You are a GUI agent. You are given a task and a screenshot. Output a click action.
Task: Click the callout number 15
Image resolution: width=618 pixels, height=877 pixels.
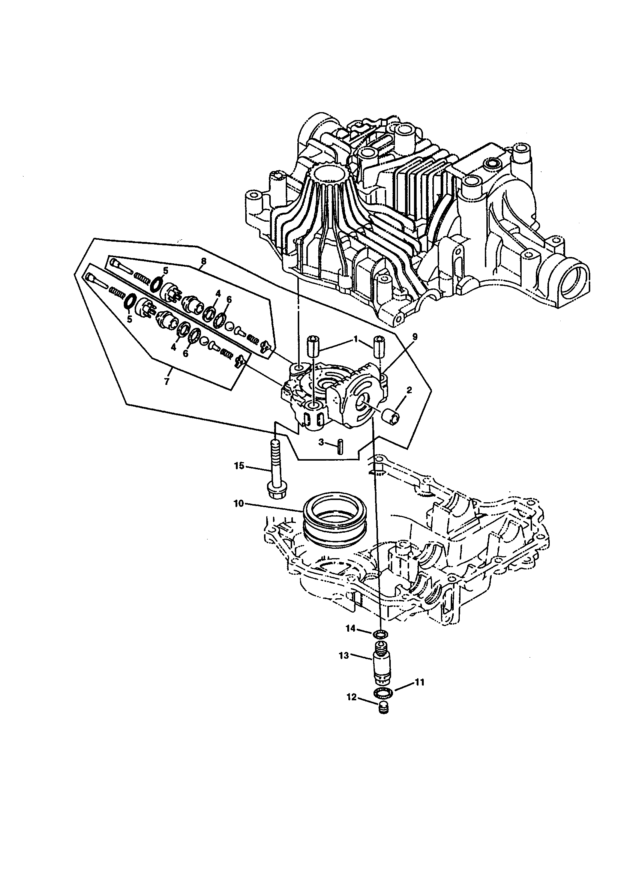click(239, 466)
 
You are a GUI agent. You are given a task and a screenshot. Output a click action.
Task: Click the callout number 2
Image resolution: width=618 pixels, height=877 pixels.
click(409, 390)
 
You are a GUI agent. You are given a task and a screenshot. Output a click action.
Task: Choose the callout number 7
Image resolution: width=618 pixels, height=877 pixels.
click(166, 381)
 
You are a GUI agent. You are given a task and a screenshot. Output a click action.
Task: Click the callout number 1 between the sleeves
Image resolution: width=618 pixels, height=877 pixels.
click(355, 339)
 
